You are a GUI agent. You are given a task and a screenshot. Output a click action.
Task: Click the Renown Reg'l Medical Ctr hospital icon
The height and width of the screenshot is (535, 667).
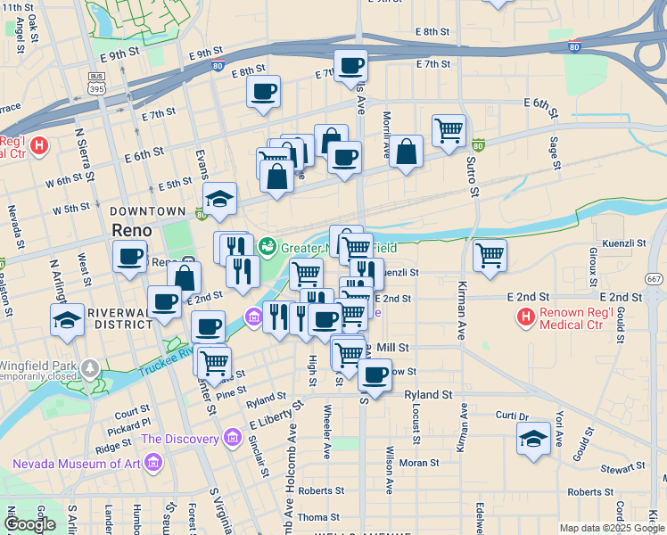[x=526, y=317]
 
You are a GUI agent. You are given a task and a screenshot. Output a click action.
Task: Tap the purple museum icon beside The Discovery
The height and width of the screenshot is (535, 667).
[x=233, y=438]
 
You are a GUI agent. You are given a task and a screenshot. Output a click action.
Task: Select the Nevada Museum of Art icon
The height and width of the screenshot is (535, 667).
[x=154, y=463]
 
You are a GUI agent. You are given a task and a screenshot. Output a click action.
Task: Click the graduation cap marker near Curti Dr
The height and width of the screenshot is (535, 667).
[x=533, y=438]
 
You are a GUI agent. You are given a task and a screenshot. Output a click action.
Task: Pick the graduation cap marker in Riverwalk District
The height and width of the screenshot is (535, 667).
[x=67, y=319]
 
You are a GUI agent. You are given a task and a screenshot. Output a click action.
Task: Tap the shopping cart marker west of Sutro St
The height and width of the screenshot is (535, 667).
[x=449, y=129]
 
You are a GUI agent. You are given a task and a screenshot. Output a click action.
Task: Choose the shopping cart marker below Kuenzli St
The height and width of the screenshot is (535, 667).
[x=490, y=255]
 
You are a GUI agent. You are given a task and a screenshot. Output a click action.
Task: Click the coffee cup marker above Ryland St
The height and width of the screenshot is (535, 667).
[x=375, y=374]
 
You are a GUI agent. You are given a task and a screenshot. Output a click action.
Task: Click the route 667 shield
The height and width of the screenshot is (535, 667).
[x=655, y=279]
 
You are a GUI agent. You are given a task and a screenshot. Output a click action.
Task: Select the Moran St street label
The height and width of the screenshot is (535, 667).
[x=418, y=463]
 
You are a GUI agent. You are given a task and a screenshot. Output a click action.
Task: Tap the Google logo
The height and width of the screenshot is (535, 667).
[x=31, y=523]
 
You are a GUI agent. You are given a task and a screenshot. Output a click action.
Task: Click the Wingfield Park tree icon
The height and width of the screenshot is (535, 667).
[x=89, y=367]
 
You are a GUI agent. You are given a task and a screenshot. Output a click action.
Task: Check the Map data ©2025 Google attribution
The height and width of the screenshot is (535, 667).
[x=611, y=528]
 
